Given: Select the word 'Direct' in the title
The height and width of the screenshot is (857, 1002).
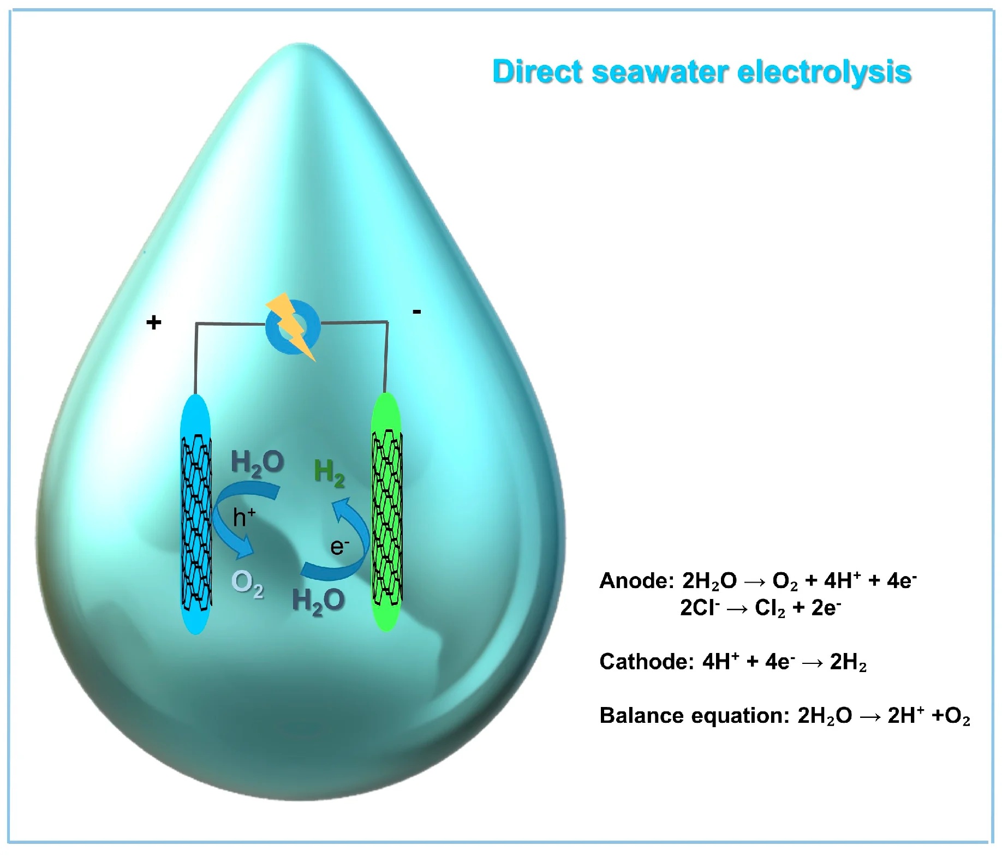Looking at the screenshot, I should [x=537, y=72].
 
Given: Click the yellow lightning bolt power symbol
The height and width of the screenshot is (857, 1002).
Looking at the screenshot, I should [x=293, y=326].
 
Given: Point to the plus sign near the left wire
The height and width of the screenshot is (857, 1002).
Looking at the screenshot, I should [x=154, y=322].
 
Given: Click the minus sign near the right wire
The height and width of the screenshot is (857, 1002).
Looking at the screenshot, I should [x=417, y=311].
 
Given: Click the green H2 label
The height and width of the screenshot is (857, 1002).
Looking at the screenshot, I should [x=329, y=472].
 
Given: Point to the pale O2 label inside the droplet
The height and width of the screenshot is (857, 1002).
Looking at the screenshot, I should [x=247, y=584].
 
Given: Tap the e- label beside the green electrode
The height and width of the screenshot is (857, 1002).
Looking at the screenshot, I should [x=339, y=547].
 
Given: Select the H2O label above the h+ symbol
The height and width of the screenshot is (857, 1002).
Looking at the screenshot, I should [x=257, y=463].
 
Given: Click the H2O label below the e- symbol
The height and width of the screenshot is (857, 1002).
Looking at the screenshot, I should [x=318, y=601].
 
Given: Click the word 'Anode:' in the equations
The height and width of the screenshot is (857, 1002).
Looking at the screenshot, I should [x=636, y=581].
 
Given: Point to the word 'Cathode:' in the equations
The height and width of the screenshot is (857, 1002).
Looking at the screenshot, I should [x=646, y=662].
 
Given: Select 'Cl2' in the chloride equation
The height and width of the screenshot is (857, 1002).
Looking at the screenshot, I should [x=770, y=608].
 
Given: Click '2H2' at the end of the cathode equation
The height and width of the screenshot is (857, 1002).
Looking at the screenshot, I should [x=848, y=662].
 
